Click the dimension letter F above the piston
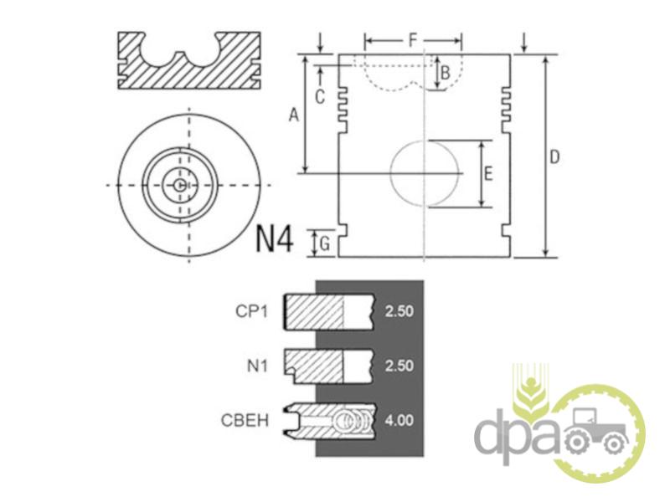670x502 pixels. click(412, 40)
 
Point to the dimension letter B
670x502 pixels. click(446, 73)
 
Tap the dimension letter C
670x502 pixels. click(320, 97)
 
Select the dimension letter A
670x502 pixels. click(294, 115)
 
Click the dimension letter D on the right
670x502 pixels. click(554, 157)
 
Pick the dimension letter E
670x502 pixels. click(488, 174)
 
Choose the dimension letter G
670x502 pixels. click(325, 244)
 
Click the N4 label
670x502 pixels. click(275, 239)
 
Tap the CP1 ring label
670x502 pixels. click(252, 311)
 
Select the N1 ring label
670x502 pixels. click(257, 366)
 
